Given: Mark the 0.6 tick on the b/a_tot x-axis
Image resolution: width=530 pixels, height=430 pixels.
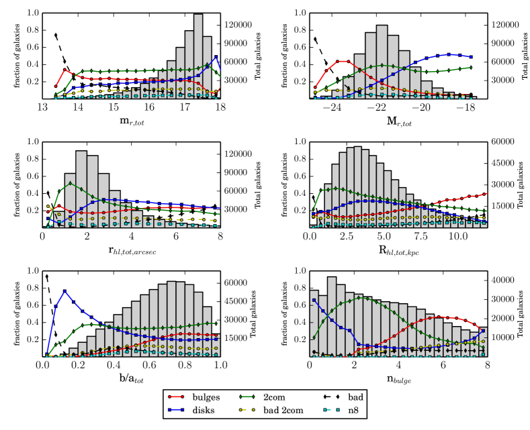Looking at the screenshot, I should pyautogui.click(x=150, y=366).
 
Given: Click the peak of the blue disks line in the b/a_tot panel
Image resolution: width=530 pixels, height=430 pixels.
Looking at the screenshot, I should pyautogui.click(x=64, y=290).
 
